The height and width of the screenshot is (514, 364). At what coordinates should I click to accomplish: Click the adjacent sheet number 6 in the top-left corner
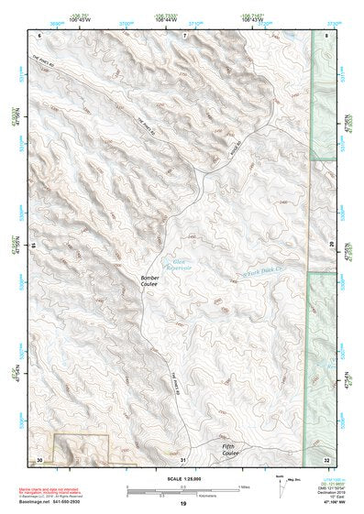tap(39, 34)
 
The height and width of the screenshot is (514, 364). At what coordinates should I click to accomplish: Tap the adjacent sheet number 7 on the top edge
tap(183, 34)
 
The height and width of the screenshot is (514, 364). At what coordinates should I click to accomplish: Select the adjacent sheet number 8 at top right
tap(327, 34)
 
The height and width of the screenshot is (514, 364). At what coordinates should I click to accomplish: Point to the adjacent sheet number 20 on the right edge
tap(331, 246)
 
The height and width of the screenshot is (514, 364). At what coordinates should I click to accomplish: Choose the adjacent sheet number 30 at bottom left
tap(39, 458)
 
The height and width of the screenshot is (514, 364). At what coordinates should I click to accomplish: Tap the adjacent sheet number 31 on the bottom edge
tap(182, 458)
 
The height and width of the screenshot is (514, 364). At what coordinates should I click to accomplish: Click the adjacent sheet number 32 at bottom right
tap(327, 458)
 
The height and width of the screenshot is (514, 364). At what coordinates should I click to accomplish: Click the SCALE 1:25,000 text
tap(182, 478)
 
